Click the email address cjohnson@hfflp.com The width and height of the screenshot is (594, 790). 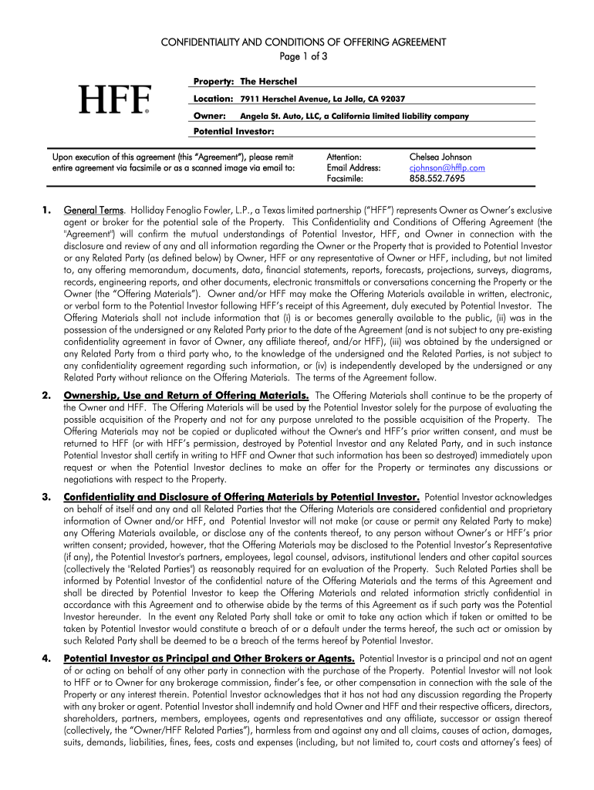click(x=447, y=167)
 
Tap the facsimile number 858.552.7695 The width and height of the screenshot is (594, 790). click(x=437, y=178)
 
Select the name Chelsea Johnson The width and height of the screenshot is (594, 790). click(x=440, y=157)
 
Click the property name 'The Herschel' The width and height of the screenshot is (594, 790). click(x=268, y=82)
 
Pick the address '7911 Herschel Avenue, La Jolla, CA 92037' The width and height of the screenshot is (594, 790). click(x=322, y=100)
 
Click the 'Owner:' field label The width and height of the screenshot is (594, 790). click(x=209, y=116)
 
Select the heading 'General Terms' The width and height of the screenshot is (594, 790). click(x=93, y=210)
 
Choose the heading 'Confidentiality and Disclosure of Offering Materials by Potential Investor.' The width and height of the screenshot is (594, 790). click(x=241, y=496)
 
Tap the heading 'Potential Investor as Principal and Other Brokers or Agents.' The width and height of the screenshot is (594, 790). click(x=209, y=658)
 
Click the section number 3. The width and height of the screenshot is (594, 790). click(x=47, y=496)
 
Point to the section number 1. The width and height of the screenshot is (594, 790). click(x=47, y=210)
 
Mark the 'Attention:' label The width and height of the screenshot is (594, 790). click(x=344, y=157)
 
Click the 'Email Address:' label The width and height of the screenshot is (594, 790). click(x=353, y=167)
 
